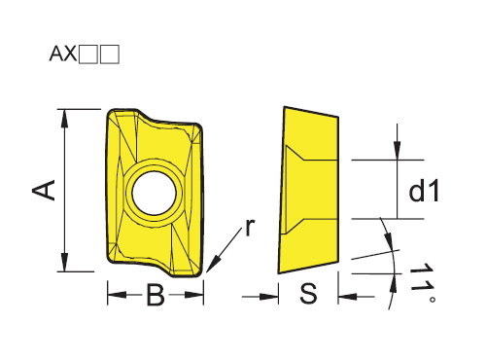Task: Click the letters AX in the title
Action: [63, 54]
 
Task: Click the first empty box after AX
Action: [88, 54]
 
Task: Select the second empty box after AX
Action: [110, 54]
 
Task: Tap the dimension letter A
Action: [44, 190]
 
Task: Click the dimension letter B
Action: [156, 295]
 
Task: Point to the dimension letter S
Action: [308, 293]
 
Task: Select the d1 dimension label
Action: [424, 192]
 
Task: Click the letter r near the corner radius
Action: [250, 227]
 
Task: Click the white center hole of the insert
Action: [155, 194]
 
